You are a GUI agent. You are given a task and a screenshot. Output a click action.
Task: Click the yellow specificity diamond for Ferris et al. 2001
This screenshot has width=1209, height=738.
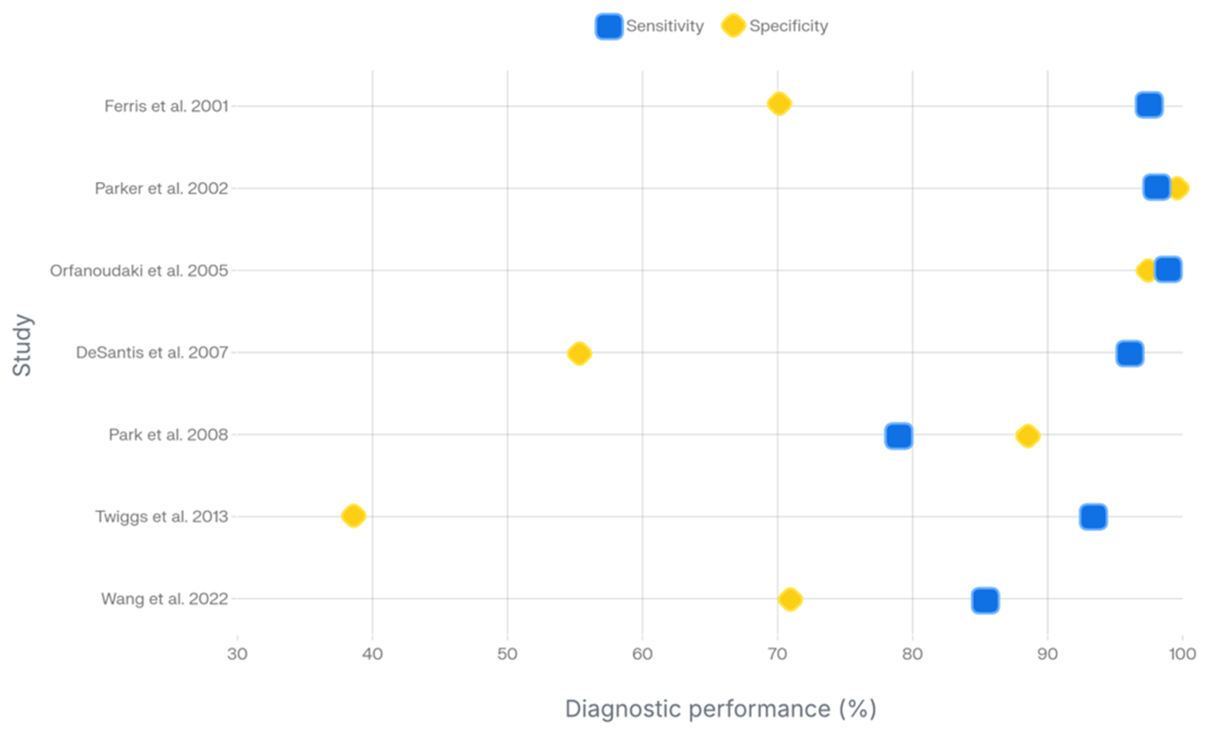coord(779,104)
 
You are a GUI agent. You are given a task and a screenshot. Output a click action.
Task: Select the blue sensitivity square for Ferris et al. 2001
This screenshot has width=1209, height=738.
coord(1149,104)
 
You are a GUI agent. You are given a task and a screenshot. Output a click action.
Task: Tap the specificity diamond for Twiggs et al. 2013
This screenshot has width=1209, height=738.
coord(353,516)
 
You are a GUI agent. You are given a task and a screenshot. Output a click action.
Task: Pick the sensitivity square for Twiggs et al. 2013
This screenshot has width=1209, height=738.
coord(1093,517)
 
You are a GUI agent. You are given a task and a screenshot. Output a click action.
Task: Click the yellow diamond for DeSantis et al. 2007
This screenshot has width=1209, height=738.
coord(579,354)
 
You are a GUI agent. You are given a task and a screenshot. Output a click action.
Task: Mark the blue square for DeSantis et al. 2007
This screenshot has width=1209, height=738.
coord(1130,354)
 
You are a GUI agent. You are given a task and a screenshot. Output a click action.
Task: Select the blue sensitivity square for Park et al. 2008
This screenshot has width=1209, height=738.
coord(899,435)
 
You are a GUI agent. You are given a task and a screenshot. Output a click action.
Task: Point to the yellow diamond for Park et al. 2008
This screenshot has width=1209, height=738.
coord(1027,435)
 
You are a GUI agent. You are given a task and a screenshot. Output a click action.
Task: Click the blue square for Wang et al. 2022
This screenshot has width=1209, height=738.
coord(985,600)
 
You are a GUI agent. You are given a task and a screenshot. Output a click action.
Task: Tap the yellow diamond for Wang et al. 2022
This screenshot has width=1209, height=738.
coord(790,599)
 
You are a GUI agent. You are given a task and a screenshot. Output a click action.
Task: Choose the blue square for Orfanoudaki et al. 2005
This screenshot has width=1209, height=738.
coord(1168,269)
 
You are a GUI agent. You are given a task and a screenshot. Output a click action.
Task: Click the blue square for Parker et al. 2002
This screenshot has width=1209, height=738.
coord(1156,187)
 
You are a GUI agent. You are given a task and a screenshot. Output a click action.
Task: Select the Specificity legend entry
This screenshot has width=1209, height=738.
coord(775,26)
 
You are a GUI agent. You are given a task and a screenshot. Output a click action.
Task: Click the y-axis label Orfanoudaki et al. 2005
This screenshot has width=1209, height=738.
coord(139,271)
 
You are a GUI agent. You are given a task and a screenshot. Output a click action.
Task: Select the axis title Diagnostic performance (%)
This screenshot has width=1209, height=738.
coord(720,709)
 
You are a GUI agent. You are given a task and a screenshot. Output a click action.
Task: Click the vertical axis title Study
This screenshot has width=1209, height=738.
coord(22,345)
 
